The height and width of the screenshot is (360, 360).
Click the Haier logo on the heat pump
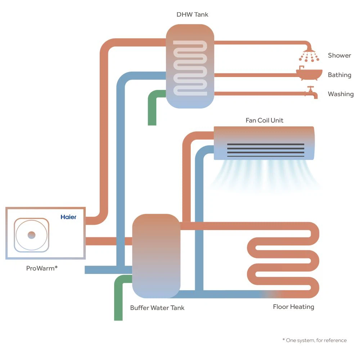click(x=68, y=217)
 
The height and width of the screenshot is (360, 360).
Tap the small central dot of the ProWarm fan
click(x=31, y=235)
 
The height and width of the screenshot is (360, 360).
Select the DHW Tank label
click(x=192, y=15)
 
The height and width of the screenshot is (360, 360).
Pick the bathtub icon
click(x=309, y=73)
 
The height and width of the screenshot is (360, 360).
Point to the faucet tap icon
click(x=310, y=93)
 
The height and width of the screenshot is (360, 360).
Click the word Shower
click(x=339, y=55)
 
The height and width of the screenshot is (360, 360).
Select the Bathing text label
click(x=339, y=75)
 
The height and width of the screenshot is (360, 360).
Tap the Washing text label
click(x=341, y=94)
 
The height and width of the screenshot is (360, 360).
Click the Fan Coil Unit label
click(x=264, y=120)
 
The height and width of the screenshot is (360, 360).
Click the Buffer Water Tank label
click(x=157, y=308)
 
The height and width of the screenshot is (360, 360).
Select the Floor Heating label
click(x=293, y=307)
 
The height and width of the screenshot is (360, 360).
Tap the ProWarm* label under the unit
click(x=42, y=268)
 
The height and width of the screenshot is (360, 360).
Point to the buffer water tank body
click(x=156, y=256)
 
